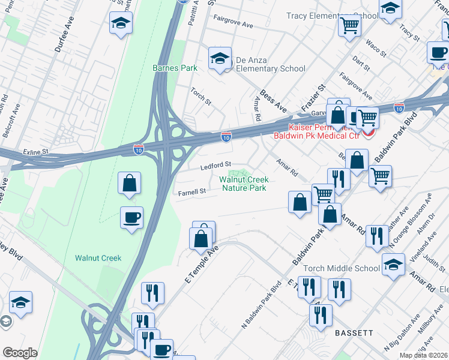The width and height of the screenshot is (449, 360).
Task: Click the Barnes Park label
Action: pos(175,68)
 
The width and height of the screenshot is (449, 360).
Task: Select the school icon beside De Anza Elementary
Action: pos(220,59)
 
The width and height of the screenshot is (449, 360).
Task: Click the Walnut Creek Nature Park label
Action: pos(244,184)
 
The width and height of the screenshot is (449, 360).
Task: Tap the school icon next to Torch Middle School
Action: pos(393,265)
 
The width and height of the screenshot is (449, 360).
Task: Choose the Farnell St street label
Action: pos(192,192)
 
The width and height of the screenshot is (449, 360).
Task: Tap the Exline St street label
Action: pos(35,152)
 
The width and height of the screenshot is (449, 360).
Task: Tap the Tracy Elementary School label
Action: pos(332,16)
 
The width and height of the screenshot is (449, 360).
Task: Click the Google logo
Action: pos(20,353)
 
